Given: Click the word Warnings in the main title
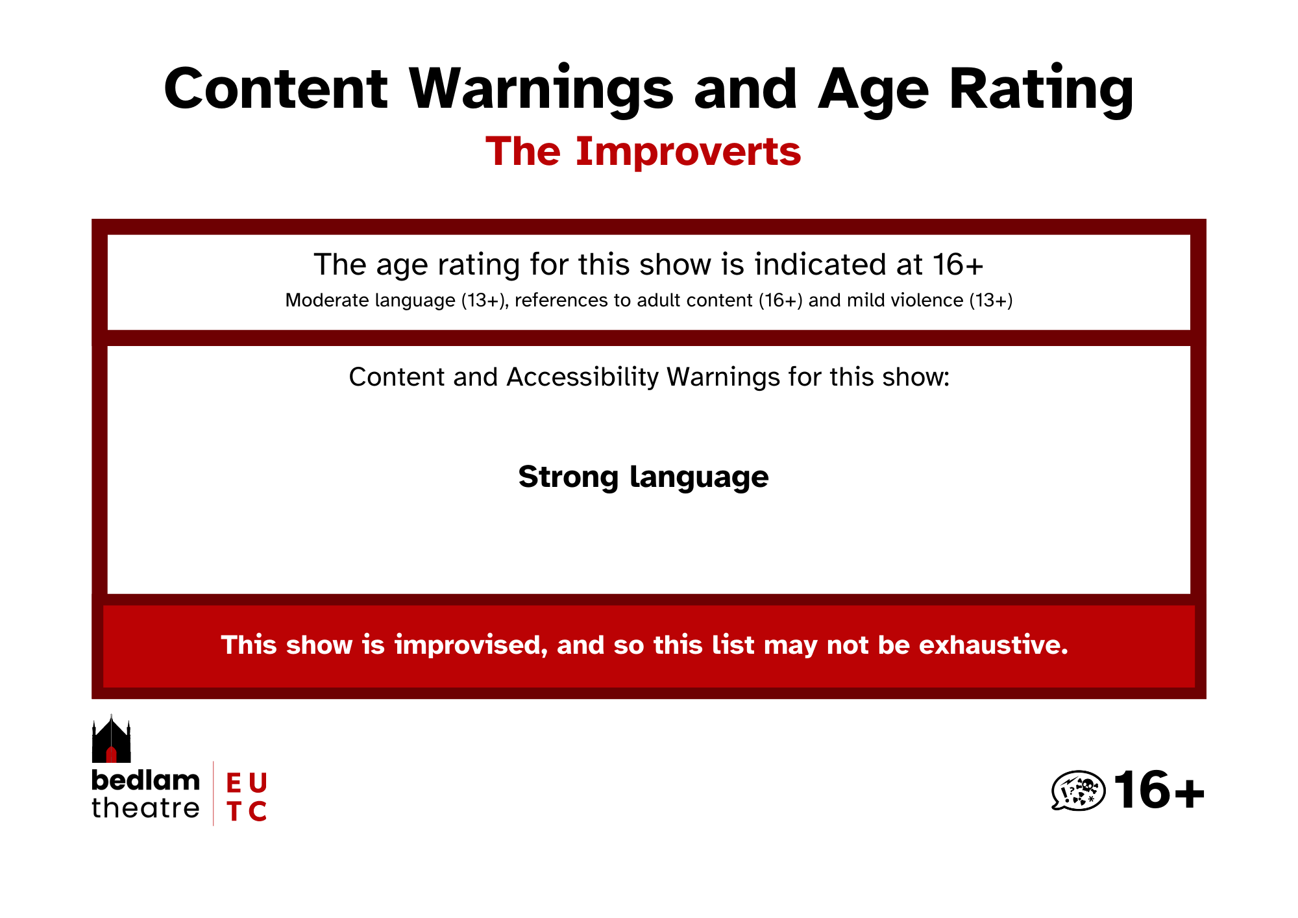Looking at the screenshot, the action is click(x=541, y=90).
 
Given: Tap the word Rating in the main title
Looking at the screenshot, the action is click(x=1041, y=90).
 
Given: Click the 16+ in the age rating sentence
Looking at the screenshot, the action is click(x=958, y=264).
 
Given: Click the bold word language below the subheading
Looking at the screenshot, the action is click(x=699, y=478).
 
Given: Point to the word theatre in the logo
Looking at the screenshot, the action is click(x=145, y=808).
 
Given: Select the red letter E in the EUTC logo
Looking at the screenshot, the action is click(x=234, y=783).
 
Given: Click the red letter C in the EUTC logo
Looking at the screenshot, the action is click(x=258, y=811).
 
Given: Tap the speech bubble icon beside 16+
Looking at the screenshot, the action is click(x=1078, y=791).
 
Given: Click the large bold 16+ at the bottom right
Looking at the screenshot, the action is click(x=1159, y=790).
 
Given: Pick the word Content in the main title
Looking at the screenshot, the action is click(x=276, y=90).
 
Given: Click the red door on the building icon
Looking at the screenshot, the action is click(x=111, y=754).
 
